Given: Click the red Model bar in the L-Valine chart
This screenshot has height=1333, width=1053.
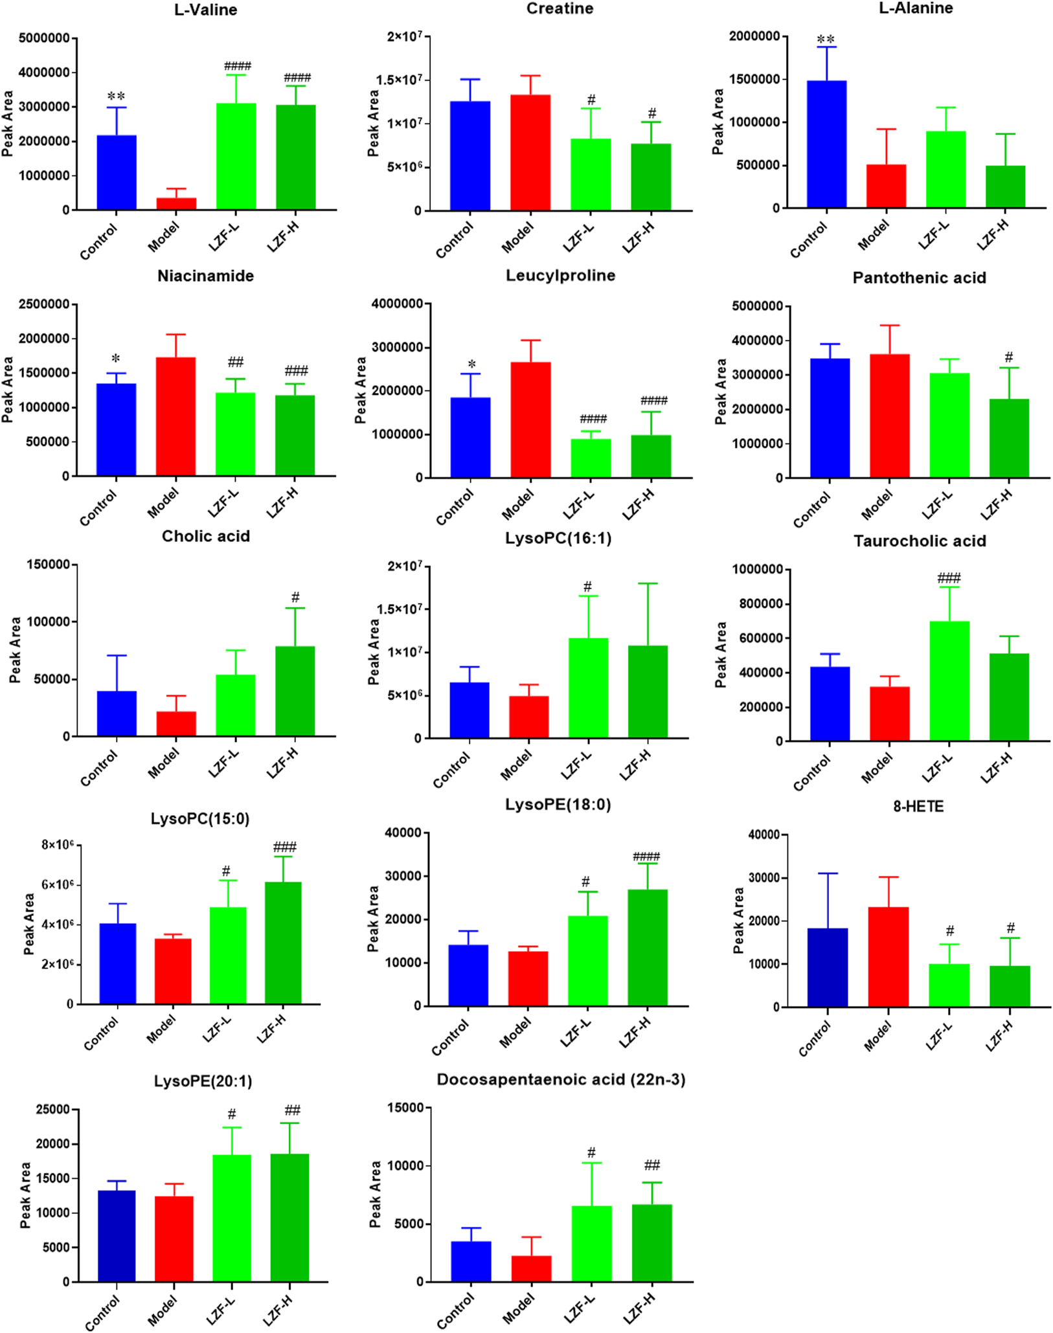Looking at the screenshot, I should (176, 203).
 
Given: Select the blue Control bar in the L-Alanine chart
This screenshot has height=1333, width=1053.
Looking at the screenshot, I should (826, 144).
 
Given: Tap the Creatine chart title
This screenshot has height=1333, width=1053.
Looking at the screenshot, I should (560, 9).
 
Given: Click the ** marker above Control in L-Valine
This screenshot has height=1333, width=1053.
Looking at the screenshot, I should (116, 96).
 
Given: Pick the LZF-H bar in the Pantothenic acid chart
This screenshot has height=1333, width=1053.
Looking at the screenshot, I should (1009, 438).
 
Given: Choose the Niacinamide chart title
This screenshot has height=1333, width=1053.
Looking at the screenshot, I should (205, 276).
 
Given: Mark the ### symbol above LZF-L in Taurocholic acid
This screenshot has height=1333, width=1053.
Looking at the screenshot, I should (949, 578).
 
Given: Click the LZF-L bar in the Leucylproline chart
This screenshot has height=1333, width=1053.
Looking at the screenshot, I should (591, 458).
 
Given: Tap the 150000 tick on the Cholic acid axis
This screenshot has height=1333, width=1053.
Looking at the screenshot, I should (48, 565).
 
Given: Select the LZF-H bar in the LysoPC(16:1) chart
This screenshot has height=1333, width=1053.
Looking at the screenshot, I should (648, 691).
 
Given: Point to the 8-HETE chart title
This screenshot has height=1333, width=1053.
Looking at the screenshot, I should (918, 807).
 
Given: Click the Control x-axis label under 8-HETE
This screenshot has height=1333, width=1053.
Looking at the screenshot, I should (814, 1038).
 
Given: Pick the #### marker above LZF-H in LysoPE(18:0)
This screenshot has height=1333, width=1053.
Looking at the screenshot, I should (646, 857).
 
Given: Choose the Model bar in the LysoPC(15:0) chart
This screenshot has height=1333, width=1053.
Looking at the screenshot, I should (173, 970).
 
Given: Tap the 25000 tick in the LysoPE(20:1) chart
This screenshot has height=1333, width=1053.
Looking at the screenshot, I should (52, 1110).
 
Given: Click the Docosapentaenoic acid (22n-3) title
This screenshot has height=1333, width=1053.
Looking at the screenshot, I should (561, 1080).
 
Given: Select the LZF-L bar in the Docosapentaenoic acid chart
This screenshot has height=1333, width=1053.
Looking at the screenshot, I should (591, 1243).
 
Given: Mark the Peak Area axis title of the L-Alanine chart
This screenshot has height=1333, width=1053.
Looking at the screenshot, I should (718, 122).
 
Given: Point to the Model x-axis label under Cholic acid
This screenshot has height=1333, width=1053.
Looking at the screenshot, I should (163, 763).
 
